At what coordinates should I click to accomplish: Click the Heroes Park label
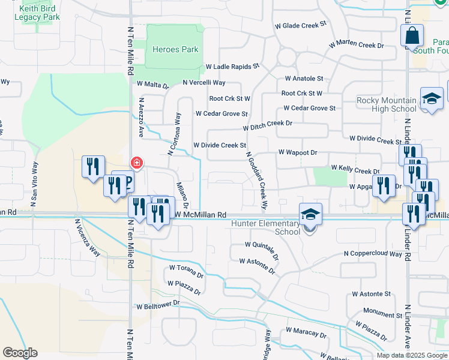click(x=175, y=49)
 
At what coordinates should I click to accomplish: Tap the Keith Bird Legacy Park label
click(x=40, y=13)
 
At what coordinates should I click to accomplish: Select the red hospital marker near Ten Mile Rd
click(x=137, y=163)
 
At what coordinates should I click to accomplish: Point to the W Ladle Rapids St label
click(x=232, y=66)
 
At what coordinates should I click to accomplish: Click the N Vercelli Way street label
click(x=204, y=82)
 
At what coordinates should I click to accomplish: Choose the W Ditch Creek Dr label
click(x=268, y=125)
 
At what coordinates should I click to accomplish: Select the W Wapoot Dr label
click(x=297, y=153)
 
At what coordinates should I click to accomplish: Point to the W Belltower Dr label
click(x=158, y=305)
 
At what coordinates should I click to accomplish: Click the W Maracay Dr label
click(x=306, y=332)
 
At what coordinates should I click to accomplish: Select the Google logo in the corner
click(x=20, y=353)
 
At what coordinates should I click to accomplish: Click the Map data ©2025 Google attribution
click(x=411, y=355)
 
